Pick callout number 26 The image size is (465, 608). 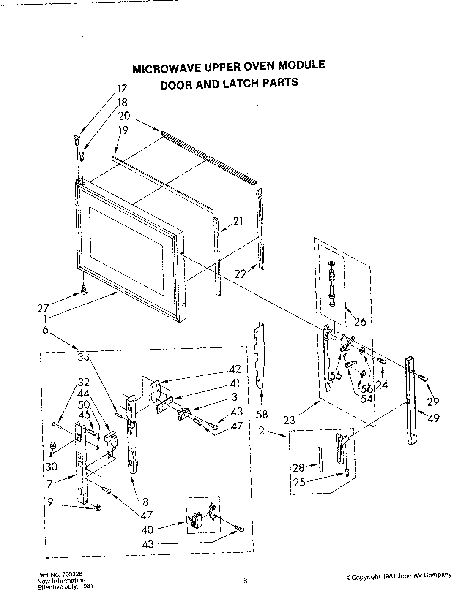360,322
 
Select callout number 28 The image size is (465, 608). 299,468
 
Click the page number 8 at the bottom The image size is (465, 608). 245,581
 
